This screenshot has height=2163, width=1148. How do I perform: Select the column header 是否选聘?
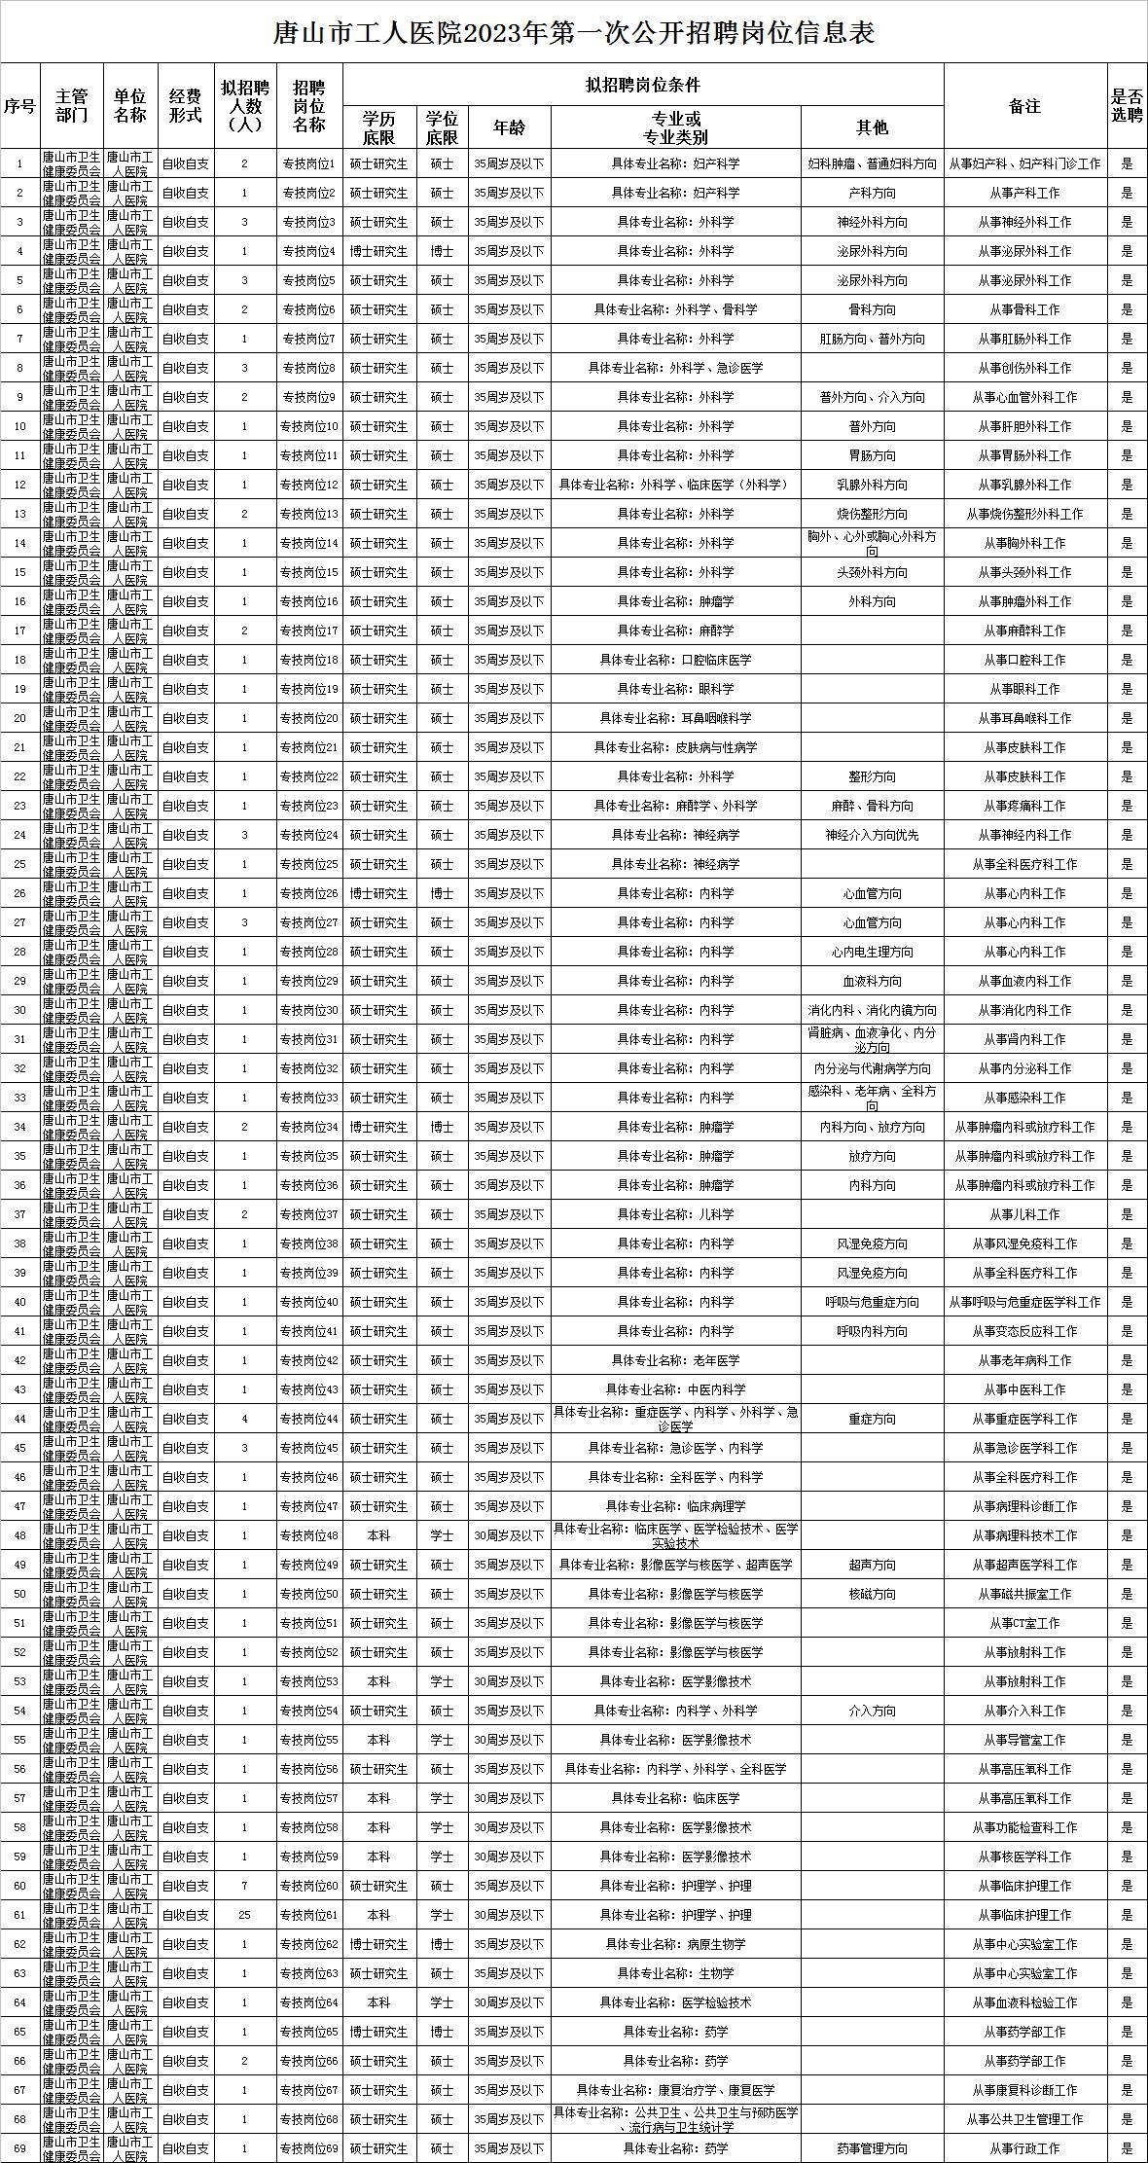pos(1127,106)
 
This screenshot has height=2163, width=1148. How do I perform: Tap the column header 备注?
pos(1024,106)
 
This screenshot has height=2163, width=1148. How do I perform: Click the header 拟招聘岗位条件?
pos(643,86)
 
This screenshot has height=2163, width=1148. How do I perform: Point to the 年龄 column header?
pos(509,127)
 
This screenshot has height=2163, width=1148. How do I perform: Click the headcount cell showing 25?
pos(244,1915)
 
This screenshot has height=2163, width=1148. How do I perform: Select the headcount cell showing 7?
pos(244,1886)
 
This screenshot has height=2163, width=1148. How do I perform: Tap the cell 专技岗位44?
pos(309,1419)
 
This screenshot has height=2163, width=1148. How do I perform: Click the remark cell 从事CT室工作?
pos(1024,1623)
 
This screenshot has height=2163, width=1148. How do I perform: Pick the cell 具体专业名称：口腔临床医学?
pos(675,660)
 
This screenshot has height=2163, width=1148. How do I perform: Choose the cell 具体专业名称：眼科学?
pos(675,689)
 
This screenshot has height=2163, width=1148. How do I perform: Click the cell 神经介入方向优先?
pos(872,835)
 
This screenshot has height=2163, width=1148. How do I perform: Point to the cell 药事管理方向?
pos(872,2148)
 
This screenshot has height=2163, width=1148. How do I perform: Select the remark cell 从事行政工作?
pos(1024,2148)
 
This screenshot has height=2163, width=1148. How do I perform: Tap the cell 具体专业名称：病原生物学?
pos(675,1944)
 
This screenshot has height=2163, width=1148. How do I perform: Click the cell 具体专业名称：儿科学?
pos(675,1214)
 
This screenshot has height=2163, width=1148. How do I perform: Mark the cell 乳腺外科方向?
pos(872,485)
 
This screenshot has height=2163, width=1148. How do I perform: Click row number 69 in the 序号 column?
pos(19,2148)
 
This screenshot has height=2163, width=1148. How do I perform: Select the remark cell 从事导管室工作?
pos(1024,1740)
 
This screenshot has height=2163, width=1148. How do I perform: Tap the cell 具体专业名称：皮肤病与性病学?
pos(675,747)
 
